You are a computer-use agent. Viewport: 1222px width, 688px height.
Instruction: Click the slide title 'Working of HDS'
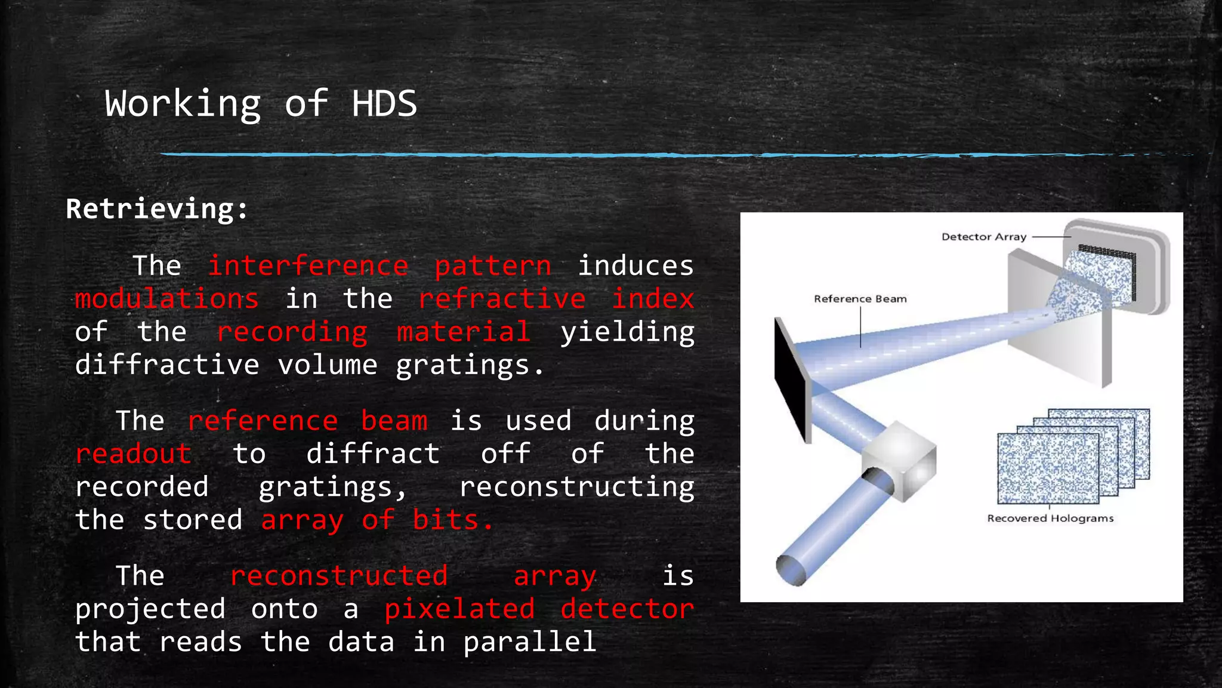[x=261, y=104]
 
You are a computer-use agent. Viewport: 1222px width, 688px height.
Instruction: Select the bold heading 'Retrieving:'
[x=157, y=209]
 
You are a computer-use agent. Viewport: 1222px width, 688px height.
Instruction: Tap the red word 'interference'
[x=308, y=266]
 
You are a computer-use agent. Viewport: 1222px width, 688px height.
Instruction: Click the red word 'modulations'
[x=167, y=298]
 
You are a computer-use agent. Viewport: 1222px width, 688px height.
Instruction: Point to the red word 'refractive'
[x=502, y=298]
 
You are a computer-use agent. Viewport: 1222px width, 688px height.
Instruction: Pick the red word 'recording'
[x=292, y=332]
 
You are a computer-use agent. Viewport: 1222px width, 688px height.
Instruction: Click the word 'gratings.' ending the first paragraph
[x=470, y=365]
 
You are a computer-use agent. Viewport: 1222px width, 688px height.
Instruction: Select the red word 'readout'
[x=134, y=453]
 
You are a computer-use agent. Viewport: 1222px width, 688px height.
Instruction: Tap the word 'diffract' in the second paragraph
[x=373, y=453]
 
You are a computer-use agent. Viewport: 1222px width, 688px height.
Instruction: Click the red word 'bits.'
[x=453, y=520]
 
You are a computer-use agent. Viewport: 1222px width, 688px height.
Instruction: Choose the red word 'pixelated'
[x=459, y=609]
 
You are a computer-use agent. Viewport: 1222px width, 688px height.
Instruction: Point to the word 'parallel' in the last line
[x=530, y=642]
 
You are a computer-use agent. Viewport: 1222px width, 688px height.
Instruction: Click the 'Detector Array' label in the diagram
[x=984, y=237]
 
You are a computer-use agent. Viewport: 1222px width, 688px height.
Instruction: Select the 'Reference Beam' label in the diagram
[x=860, y=299]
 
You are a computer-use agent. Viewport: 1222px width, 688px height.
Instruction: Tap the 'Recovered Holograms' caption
[x=1050, y=518]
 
